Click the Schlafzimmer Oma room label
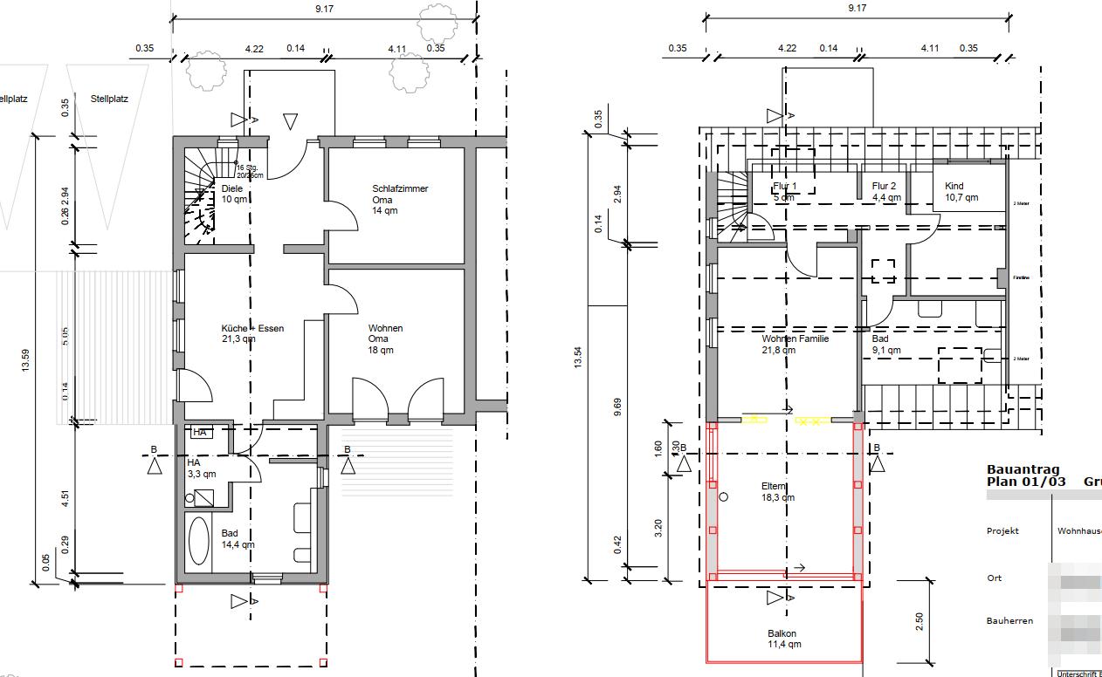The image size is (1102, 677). [x=399, y=200]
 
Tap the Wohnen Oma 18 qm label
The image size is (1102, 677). [x=384, y=338]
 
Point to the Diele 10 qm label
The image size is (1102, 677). [x=232, y=194]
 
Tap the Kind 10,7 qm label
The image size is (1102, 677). [x=961, y=191]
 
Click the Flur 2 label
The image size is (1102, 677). [x=885, y=191]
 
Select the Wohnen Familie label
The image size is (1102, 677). [x=794, y=344]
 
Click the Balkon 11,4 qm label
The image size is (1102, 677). [x=782, y=639]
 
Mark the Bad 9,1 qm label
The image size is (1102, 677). [x=885, y=344]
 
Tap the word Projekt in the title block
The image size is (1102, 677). [x=1002, y=530]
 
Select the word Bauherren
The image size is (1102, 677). [x=1009, y=621]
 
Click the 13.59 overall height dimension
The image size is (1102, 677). [x=25, y=359]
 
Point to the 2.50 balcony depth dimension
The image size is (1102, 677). [x=919, y=621]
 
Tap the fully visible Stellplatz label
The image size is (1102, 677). [x=109, y=99]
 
